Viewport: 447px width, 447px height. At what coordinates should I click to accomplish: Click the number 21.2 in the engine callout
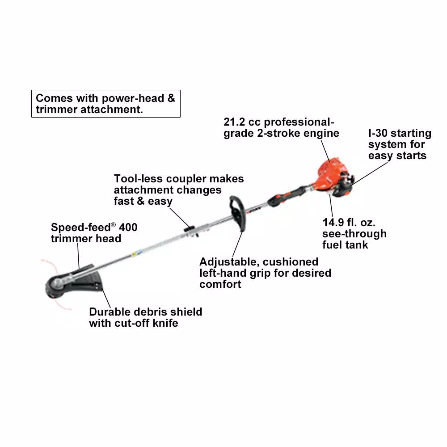click(x=235, y=122)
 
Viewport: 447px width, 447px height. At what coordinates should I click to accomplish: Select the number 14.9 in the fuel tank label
click(x=334, y=222)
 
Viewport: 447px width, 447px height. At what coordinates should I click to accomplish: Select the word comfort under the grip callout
click(x=220, y=284)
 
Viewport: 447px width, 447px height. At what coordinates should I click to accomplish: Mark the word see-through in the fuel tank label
click(x=348, y=234)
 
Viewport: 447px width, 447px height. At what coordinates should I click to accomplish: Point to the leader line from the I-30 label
click(x=371, y=172)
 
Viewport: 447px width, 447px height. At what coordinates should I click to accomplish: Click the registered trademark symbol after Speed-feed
click(x=113, y=225)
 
